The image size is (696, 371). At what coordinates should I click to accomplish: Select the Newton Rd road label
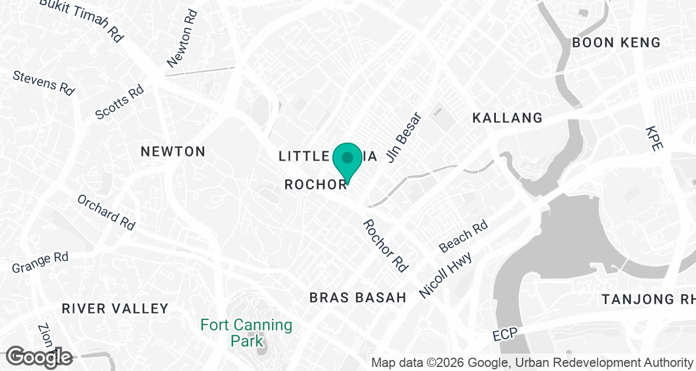click(x=183, y=38)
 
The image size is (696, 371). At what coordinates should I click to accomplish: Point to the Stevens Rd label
click(x=44, y=83)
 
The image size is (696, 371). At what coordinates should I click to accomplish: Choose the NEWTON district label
click(x=173, y=152)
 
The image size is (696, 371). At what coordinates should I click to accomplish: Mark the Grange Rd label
click(x=40, y=262)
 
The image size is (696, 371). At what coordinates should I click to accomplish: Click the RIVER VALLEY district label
click(x=115, y=308)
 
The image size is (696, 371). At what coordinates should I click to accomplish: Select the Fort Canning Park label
click(x=246, y=333)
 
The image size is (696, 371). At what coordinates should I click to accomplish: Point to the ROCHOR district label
click(x=316, y=184)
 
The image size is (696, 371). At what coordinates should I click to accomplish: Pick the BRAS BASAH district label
click(x=358, y=298)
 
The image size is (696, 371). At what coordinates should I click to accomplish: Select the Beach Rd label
click(x=463, y=236)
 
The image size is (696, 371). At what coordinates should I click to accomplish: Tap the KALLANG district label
click(x=507, y=118)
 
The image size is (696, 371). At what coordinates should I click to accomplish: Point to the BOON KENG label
click(x=616, y=42)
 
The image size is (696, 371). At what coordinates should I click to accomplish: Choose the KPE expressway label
click(x=654, y=139)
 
